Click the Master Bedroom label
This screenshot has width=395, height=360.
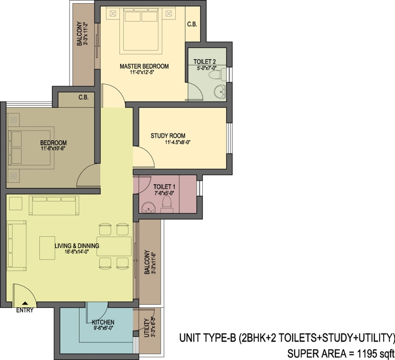(x=144, y=66)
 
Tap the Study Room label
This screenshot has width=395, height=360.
(x=168, y=136)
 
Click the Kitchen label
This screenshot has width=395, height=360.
(x=103, y=322)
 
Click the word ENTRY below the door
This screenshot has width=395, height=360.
(x=25, y=311)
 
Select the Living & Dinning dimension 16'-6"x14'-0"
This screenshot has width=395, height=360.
(x=76, y=252)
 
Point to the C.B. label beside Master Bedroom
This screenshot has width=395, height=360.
(x=192, y=25)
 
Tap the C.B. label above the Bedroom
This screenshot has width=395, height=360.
(x=83, y=97)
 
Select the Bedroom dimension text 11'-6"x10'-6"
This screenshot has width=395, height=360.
(x=53, y=149)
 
